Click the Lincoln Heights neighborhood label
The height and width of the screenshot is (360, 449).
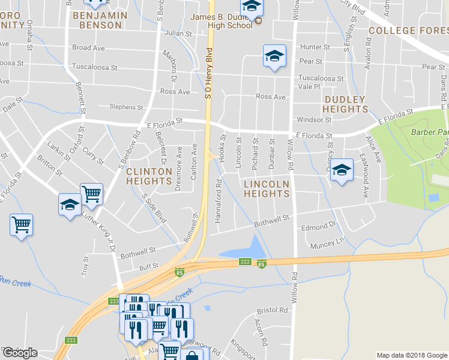[x=267, y=188]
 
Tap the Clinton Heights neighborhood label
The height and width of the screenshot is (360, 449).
[x=149, y=176]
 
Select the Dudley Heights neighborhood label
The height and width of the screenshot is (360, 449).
[x=345, y=104]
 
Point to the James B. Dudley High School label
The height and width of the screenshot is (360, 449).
[x=221, y=21]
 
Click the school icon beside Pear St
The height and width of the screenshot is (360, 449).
[x=274, y=56]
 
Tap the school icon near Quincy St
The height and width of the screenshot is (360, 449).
[x=342, y=170]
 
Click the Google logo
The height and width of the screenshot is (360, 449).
[x=20, y=353]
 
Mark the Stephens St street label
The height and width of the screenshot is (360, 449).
[x=126, y=107]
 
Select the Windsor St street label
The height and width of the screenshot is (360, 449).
[x=310, y=120]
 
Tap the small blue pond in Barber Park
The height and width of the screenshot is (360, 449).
[x=433, y=197]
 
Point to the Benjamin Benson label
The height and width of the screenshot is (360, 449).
[x=100, y=20]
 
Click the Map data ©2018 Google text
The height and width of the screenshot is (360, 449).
[x=411, y=355]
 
